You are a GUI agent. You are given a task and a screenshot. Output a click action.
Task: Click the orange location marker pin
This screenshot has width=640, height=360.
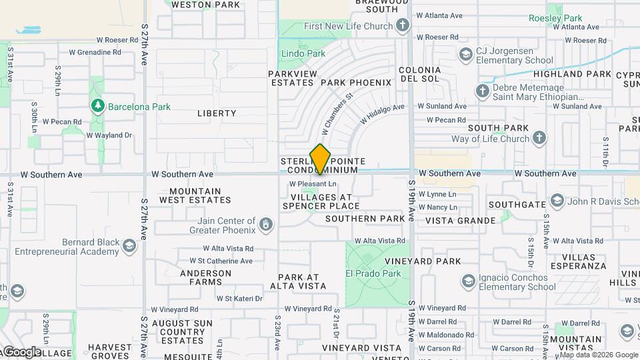pos(320,159)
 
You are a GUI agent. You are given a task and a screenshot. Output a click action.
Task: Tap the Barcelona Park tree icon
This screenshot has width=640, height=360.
pos(98,106)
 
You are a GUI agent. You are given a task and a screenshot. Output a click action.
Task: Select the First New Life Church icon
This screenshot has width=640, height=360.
pos(402,26)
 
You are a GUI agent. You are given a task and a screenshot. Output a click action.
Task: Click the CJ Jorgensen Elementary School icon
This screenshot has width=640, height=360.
pos(465,54)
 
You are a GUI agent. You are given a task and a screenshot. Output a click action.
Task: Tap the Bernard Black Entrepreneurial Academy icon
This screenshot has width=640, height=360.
pos(129,247)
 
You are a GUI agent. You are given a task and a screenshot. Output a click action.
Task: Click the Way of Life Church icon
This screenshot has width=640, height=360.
pos(539,139)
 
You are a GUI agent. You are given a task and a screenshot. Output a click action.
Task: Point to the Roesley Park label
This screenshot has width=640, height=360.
pos(555,18)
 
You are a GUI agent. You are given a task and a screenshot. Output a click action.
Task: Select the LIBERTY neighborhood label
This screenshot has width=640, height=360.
pos(217,113)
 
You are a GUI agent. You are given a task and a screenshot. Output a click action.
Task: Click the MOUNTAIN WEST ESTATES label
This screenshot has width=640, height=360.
pos(191,195)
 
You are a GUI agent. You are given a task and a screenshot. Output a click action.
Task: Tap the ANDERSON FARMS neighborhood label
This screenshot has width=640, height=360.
pos(201,277)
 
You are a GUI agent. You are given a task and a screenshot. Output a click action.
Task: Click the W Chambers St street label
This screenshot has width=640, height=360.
pos(337,111)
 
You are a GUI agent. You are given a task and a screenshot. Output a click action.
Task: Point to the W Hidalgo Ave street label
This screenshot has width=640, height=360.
pos(382,113)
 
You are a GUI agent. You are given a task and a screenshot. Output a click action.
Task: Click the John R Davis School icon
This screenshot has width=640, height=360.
pos(557,201)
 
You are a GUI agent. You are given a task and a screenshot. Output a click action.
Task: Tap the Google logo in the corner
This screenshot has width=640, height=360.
pos(21,351)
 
